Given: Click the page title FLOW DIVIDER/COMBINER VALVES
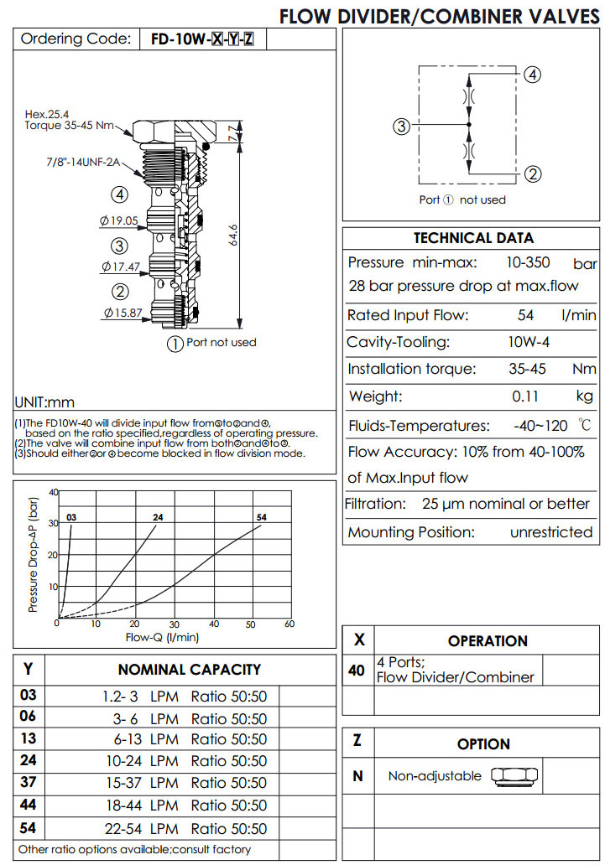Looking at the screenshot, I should point(440,16).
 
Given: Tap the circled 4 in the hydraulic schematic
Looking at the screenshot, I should point(532,75).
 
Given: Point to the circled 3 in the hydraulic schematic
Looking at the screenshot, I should point(402,127).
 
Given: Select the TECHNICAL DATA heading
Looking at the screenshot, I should point(473,238).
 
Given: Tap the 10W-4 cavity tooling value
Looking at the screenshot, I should point(527,342).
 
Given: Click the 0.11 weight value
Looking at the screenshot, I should point(526,396).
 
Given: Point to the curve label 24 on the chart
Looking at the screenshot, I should point(158,517).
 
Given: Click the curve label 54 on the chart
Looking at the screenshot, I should point(262,517).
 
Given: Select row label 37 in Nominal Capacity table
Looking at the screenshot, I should point(29,783).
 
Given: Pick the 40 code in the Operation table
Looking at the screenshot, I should point(356,670).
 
